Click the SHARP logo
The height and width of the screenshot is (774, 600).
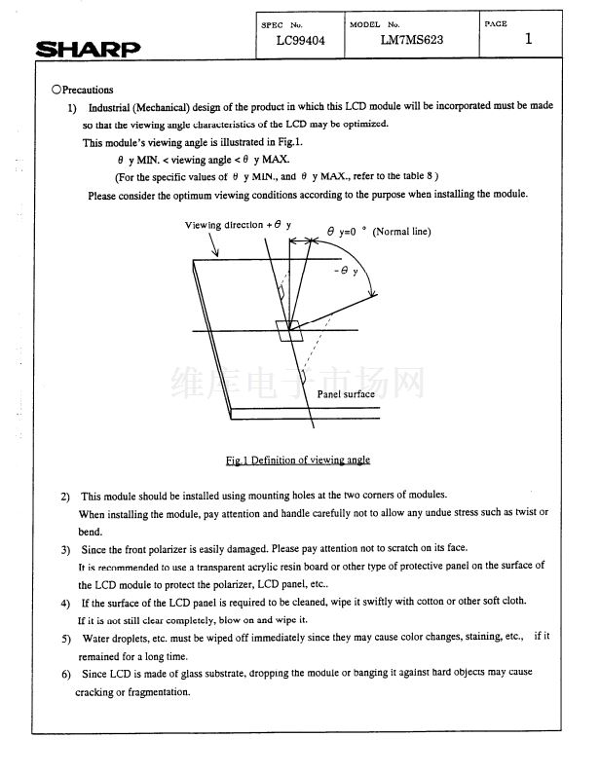point(89,48)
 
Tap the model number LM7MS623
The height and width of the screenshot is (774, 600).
point(410,41)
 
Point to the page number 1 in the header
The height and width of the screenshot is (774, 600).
point(528,39)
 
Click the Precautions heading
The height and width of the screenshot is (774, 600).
point(87,90)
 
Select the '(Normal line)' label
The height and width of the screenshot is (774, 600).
point(401,232)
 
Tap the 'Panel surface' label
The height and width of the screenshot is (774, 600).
point(346,394)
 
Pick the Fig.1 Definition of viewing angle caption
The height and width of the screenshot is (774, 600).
point(298,460)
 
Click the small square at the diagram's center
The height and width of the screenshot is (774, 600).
point(289,331)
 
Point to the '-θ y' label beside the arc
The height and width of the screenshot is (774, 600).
point(347,271)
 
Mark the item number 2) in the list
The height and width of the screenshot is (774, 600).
point(64,496)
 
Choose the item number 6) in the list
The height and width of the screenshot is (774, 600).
point(64,675)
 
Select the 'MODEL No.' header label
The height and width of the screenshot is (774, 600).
point(375,22)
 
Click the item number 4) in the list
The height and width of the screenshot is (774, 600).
point(64,602)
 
